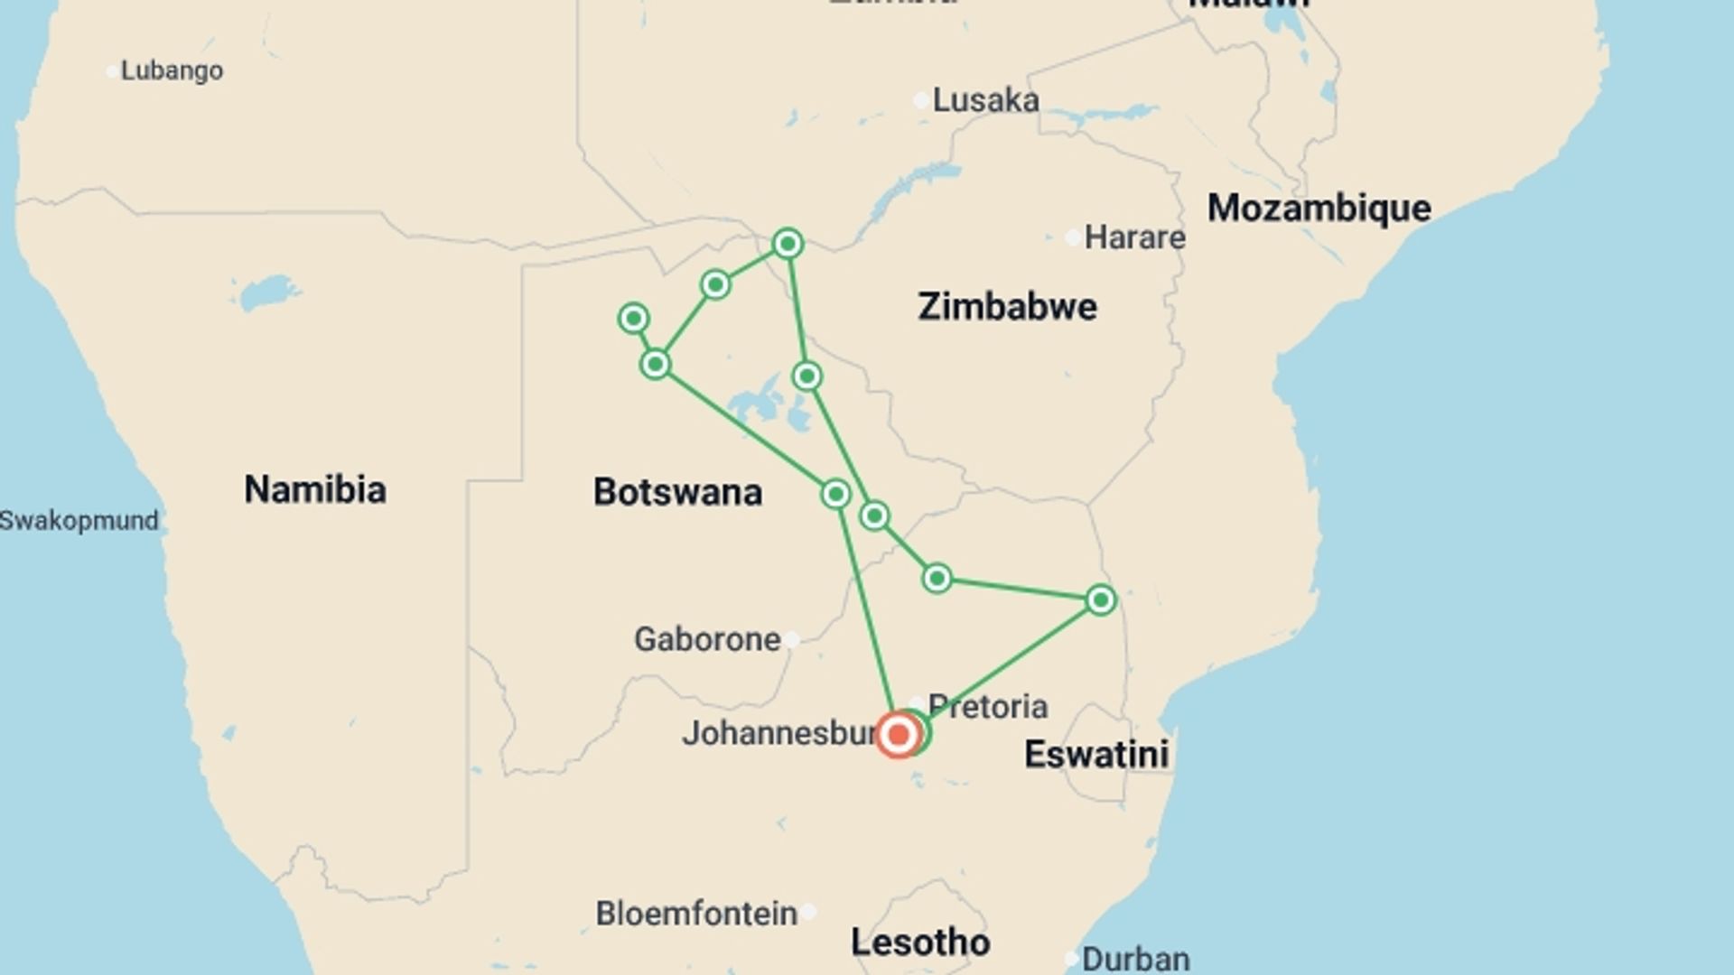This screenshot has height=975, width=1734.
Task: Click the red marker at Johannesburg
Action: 898,735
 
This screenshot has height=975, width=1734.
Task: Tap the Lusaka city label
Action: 985,100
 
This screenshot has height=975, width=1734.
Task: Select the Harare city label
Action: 1134,237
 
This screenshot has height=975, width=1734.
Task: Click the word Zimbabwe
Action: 1007,307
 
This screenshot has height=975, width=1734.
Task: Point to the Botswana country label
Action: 677,492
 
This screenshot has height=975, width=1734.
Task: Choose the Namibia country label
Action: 315,489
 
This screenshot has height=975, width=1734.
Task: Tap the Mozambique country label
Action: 1319,209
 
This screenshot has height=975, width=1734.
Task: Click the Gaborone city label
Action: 707,639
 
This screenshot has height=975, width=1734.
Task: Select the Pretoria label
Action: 988,706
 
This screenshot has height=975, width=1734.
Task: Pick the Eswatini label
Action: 1095,755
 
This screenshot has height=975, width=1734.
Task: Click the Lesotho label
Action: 920,942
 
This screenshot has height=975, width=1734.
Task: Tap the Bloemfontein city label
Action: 696,914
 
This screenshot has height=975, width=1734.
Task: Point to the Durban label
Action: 1135,959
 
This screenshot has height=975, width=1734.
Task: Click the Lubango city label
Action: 172,70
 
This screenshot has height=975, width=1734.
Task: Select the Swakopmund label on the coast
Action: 79,521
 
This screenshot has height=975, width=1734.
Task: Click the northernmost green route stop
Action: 788,244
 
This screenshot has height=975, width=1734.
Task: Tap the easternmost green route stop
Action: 1100,599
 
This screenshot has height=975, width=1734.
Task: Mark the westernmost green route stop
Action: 633,318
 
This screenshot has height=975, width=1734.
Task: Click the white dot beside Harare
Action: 1072,238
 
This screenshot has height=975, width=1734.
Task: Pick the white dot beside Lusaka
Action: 920,100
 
